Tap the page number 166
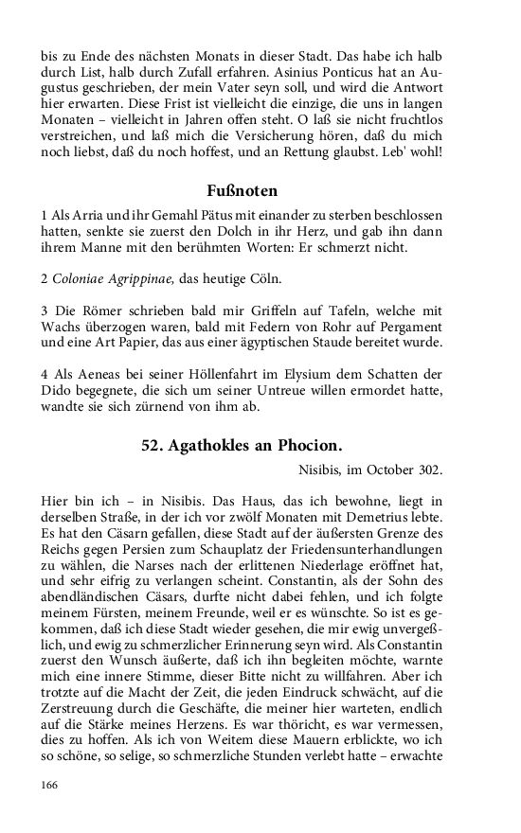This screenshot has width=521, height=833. pyautogui.click(x=50, y=811)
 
